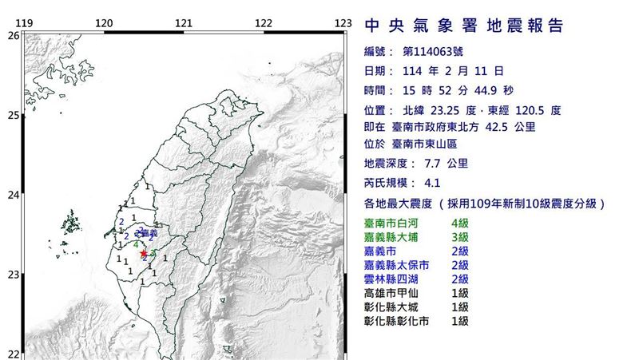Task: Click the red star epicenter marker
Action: (144, 253)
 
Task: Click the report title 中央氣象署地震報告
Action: (464, 26)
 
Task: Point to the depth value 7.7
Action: (426, 163)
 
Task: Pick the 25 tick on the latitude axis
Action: (14, 115)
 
